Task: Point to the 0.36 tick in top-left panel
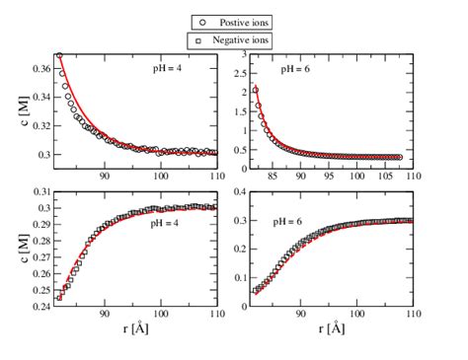[x=39, y=68]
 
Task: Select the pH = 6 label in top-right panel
[x=296, y=70]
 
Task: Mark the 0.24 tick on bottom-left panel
[x=39, y=306]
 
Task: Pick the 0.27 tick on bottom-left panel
[x=39, y=256]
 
